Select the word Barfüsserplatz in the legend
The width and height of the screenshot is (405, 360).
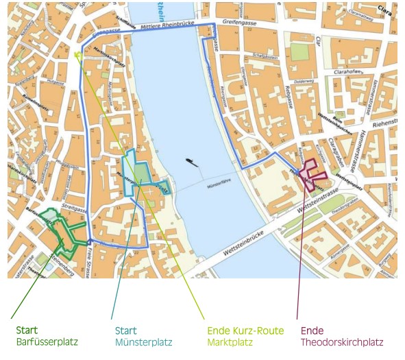point(47,341)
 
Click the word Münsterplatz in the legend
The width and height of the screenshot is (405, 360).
point(143,341)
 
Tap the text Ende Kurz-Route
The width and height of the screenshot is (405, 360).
point(245,331)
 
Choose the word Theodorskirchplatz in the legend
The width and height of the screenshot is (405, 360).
point(341,341)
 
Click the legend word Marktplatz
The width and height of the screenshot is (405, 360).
point(230,341)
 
